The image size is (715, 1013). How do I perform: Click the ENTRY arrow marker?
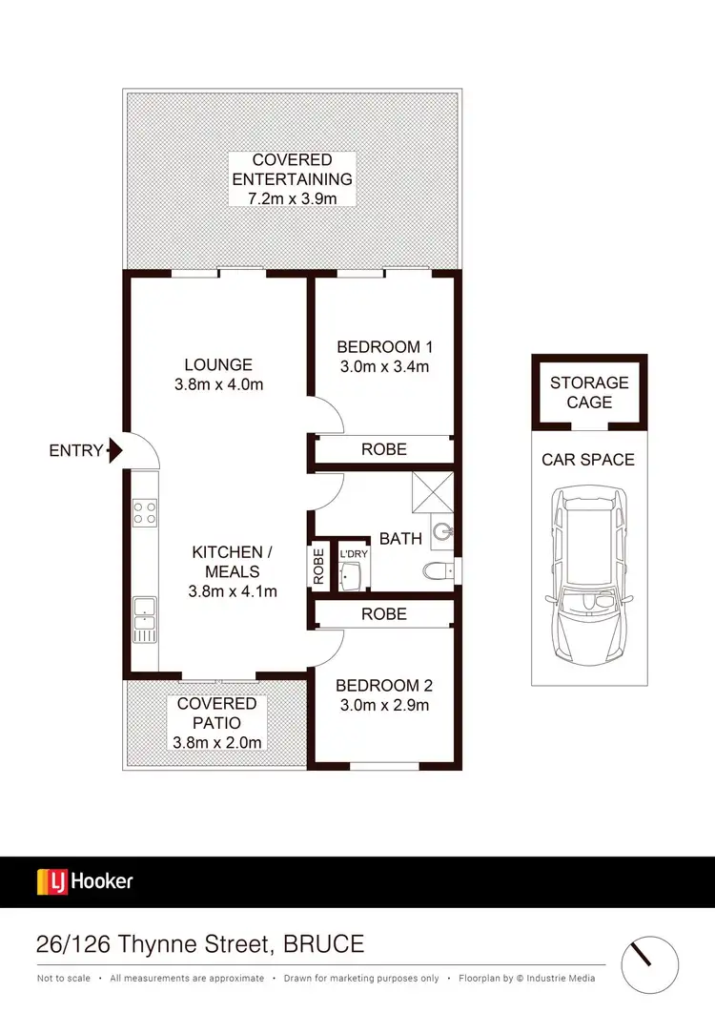click(115, 449)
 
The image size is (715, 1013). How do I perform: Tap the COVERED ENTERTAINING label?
click(293, 178)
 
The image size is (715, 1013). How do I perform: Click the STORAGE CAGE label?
click(589, 392)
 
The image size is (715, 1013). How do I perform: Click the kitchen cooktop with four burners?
click(146, 512)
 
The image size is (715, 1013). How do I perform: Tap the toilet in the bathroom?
click(438, 571)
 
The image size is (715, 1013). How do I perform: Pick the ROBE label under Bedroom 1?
click(383, 449)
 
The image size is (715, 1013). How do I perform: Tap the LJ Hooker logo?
click(85, 881)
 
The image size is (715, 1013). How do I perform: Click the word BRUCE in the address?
click(323, 944)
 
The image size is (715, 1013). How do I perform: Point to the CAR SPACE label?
click(588, 460)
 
